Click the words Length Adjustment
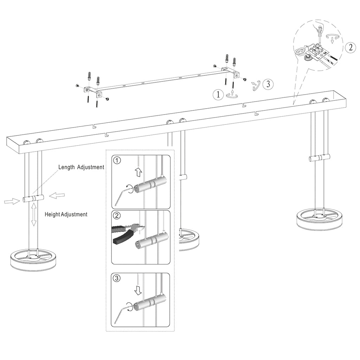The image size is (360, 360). point(81,167)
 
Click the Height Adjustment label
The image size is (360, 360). point(66,214)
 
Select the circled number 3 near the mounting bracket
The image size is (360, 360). point(268,84)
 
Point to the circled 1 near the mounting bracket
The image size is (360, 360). point(218,94)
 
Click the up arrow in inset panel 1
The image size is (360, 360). point(138,172)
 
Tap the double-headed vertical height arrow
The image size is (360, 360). point(34,214)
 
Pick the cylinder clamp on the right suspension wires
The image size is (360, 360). point(319,158)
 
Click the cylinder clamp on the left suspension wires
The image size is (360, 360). point(33,199)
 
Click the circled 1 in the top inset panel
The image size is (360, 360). point(117,161)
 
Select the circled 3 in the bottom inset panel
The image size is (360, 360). point(117,278)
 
